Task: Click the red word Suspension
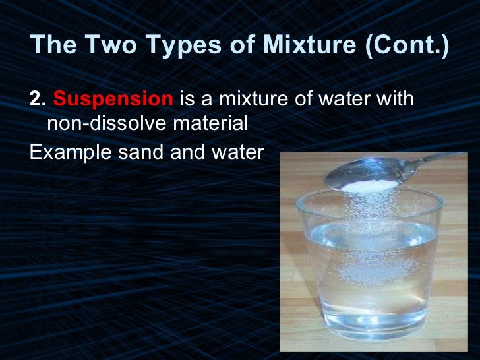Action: pyautogui.click(x=113, y=100)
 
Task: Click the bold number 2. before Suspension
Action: pyautogui.click(x=38, y=100)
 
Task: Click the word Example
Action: pyautogui.click(x=68, y=152)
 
